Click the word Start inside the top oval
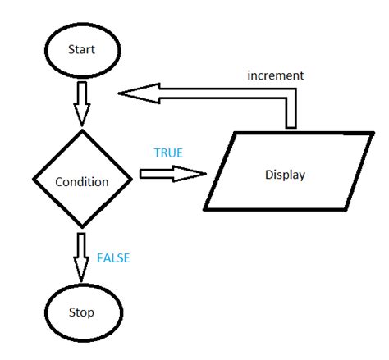click(81, 49)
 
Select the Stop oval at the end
click(80, 312)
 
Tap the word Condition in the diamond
click(81, 181)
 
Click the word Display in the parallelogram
click(282, 175)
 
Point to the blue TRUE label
click(168, 153)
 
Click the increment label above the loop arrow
click(276, 75)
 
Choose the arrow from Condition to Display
click(171, 174)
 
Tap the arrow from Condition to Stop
click(81, 256)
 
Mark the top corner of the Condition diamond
click(81, 130)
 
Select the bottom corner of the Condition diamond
click(81, 228)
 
